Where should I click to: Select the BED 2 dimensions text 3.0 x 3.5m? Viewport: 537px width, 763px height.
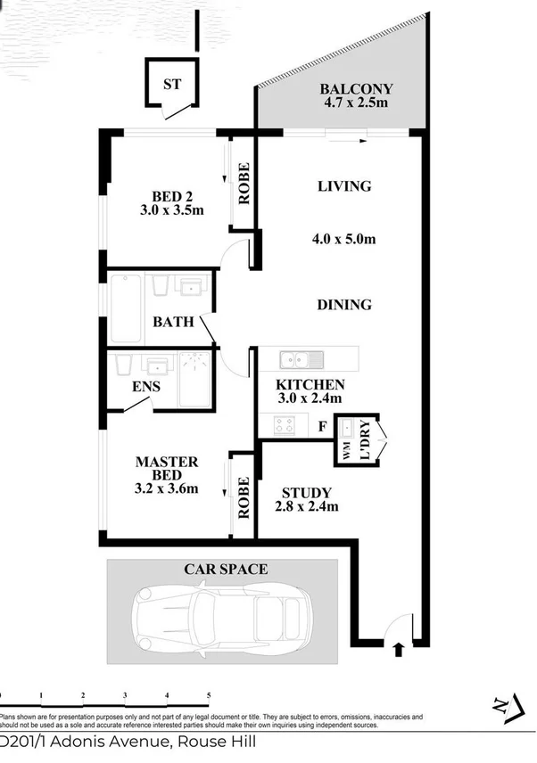[x=172, y=211]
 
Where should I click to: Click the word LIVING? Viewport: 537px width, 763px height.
[x=344, y=186]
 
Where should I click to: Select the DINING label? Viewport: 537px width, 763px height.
[x=344, y=305]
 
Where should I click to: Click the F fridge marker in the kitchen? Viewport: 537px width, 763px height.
[x=321, y=426]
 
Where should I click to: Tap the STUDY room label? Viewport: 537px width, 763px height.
[x=306, y=493]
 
